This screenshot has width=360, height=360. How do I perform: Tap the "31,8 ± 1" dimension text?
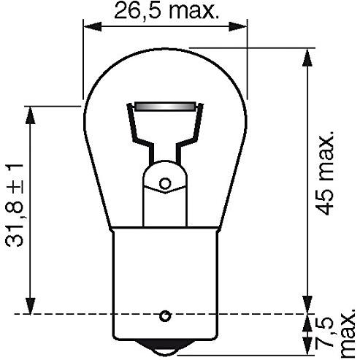pyautogui.click(x=16, y=205)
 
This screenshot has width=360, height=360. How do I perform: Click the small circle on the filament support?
pyautogui.click(x=165, y=183)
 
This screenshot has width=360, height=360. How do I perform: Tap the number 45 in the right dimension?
pyautogui.click(x=326, y=201)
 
